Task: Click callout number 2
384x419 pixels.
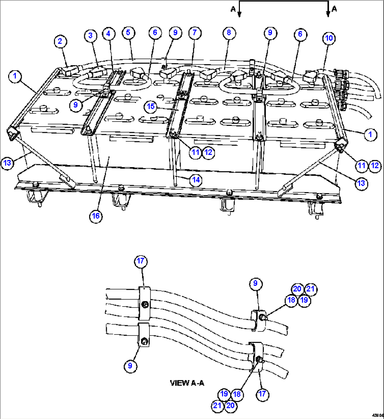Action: tap(60, 41)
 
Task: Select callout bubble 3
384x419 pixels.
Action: tap(91, 36)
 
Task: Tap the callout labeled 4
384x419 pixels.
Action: tap(109, 33)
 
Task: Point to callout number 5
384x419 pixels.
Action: tap(128, 33)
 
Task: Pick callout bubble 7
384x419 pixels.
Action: tap(194, 33)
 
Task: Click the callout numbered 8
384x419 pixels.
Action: tap(229, 33)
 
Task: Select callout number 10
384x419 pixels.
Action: tap(329, 38)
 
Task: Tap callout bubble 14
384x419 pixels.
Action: tap(196, 180)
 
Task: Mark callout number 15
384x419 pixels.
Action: tap(151, 106)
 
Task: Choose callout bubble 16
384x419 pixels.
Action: tap(96, 216)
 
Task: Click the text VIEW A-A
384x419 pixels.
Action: tap(187, 383)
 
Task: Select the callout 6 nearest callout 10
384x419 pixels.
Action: tap(300, 34)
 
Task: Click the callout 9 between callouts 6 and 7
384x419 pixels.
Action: tap(175, 33)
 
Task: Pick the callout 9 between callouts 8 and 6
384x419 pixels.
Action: tap(270, 33)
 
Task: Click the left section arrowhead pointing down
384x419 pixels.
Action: tap(240, 14)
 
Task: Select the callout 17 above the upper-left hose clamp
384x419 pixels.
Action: tap(141, 261)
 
